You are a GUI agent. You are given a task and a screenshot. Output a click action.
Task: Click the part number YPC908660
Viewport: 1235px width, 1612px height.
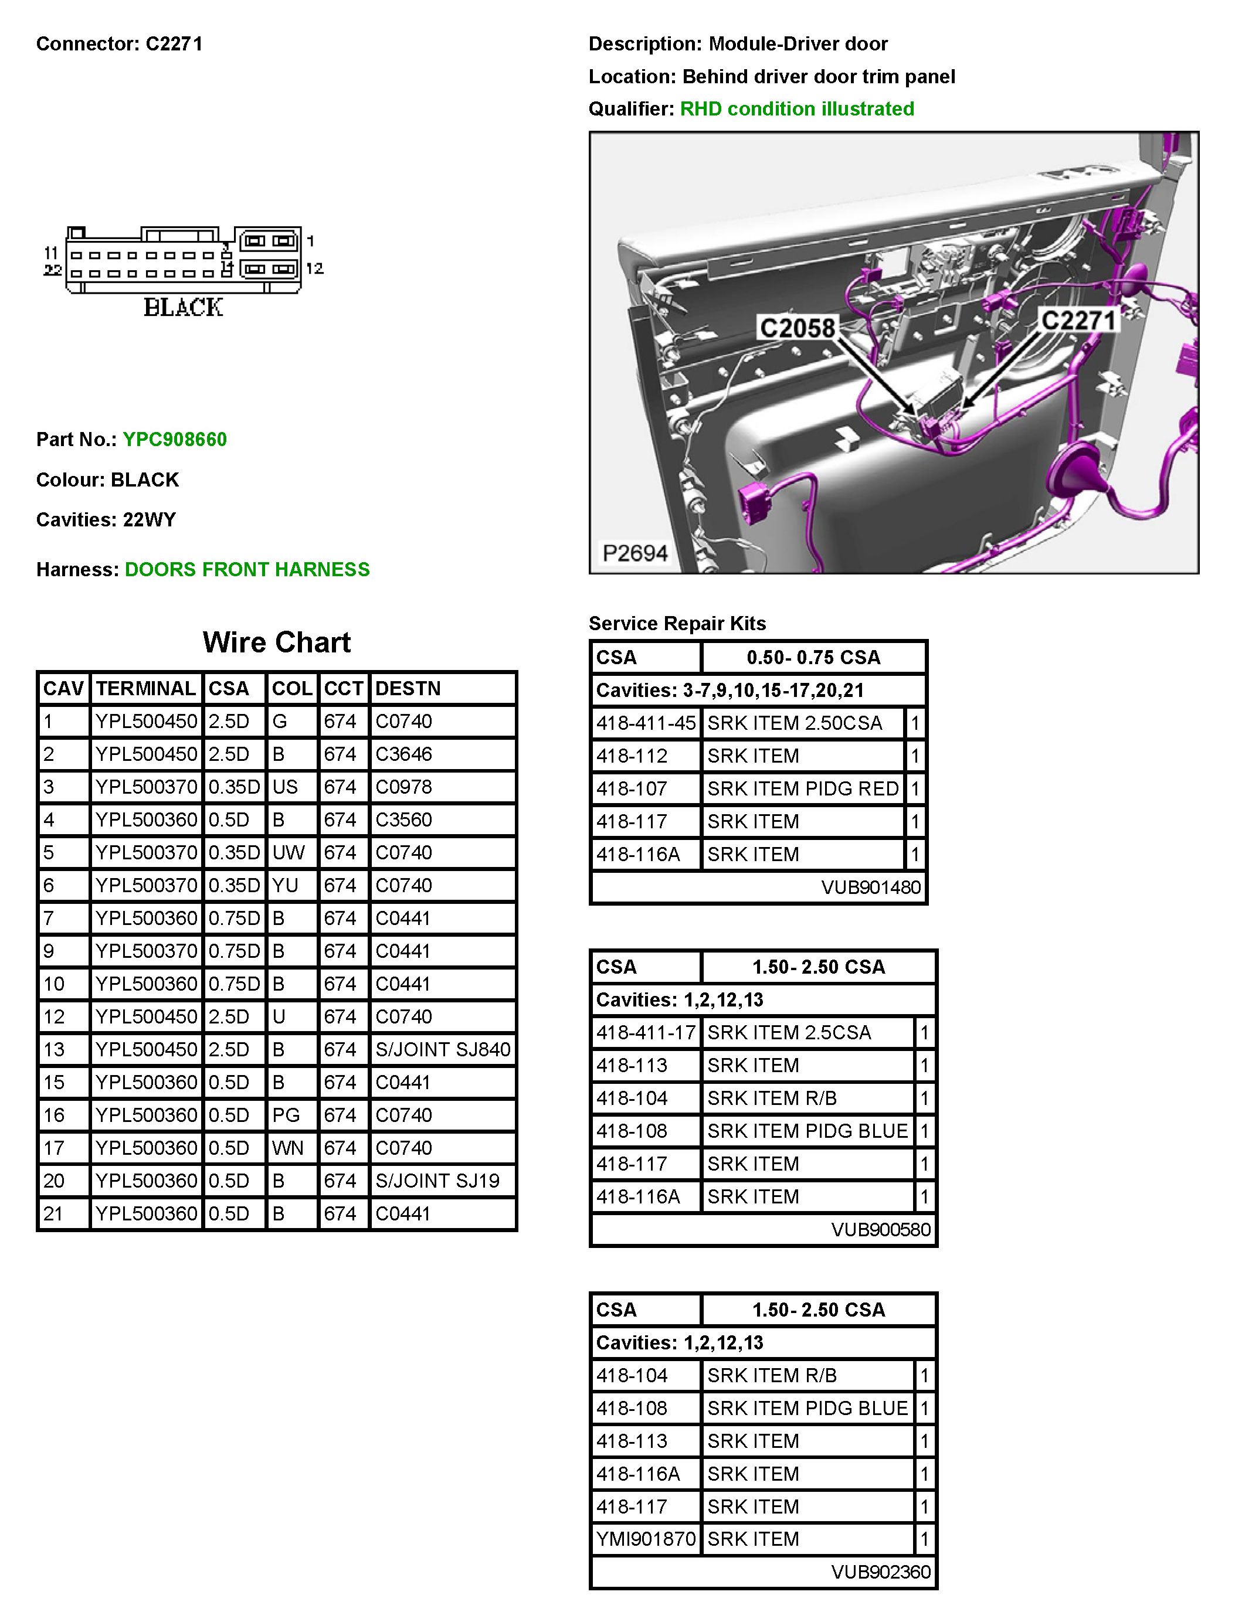click(x=174, y=440)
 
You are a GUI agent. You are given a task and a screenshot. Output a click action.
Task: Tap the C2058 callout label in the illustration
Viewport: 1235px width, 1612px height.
click(x=797, y=328)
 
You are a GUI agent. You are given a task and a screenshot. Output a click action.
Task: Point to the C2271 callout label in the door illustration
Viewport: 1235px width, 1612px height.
click(x=1078, y=320)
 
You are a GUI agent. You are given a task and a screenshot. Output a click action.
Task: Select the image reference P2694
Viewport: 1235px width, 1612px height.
click(x=635, y=553)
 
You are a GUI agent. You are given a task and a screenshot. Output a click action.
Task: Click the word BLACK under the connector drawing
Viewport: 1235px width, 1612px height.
click(x=183, y=307)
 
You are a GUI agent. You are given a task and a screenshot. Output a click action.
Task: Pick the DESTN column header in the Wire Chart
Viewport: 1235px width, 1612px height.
click(x=408, y=688)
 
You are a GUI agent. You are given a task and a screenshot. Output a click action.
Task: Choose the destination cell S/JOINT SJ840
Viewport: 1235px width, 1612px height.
click(x=443, y=1049)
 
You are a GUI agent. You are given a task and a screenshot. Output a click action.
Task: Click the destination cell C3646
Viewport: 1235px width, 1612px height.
click(x=403, y=754)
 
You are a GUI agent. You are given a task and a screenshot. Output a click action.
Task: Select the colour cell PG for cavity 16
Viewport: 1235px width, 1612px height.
click(x=286, y=1114)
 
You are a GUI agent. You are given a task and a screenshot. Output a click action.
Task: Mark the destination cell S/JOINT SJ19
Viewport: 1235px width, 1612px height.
click(x=437, y=1181)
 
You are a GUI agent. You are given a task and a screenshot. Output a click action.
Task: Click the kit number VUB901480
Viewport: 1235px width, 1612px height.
click(x=870, y=887)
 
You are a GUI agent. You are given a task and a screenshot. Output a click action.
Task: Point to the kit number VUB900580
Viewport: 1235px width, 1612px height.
click(x=881, y=1229)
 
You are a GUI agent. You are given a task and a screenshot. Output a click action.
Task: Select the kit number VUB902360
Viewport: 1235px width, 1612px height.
click(x=881, y=1572)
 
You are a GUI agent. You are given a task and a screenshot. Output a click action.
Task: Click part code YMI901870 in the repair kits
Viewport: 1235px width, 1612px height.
click(x=646, y=1539)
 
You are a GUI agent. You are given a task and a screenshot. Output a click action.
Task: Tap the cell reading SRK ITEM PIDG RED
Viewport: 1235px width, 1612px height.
click(x=803, y=788)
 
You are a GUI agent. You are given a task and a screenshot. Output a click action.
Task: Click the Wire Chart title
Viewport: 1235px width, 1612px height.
click(x=276, y=642)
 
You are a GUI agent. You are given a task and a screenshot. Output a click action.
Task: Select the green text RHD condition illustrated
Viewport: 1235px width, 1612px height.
click(x=797, y=109)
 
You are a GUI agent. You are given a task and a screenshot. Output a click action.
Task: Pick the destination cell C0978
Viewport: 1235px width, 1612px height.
click(x=403, y=787)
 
